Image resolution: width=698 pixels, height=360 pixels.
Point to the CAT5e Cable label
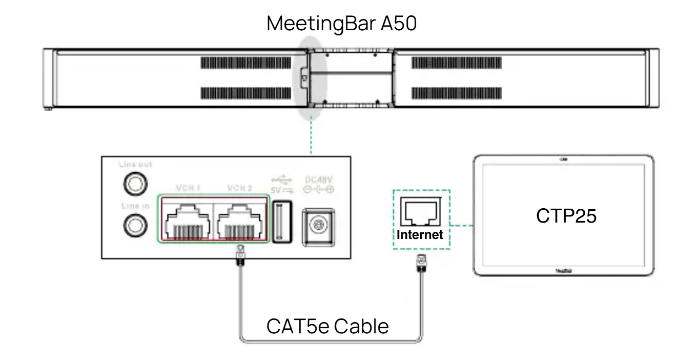(x=327, y=327)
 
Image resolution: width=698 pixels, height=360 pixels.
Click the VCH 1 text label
(x=185, y=188)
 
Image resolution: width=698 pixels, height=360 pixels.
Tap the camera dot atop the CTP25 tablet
(x=564, y=159)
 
